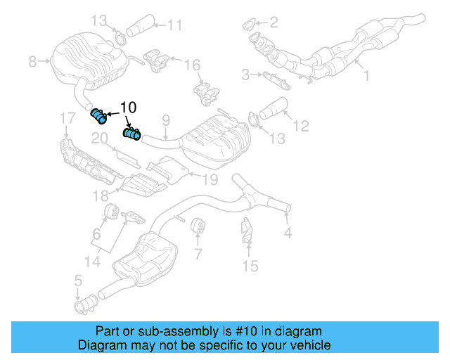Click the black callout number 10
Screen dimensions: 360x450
click(128, 108)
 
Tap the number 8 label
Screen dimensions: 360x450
click(32, 62)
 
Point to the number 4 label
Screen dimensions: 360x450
click(288, 232)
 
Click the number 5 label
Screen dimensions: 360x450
click(78, 283)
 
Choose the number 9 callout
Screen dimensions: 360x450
click(166, 121)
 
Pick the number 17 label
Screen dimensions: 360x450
click(65, 117)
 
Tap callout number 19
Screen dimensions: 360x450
click(210, 179)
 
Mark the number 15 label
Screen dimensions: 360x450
click(250, 266)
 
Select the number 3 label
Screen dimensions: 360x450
click(245, 73)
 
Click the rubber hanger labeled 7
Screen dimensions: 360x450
click(197, 226)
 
